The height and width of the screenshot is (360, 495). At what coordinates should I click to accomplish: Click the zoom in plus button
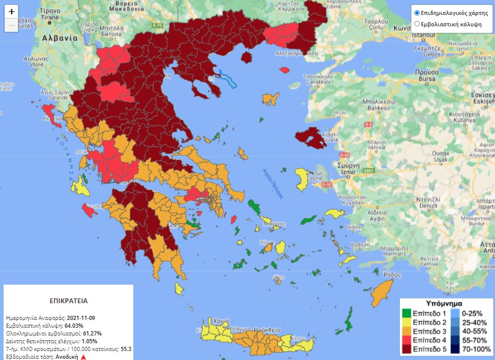click(x=12, y=11)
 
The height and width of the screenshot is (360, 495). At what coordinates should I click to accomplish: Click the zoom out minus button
click(x=12, y=25)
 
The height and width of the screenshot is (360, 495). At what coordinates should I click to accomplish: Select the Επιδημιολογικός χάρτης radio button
click(x=417, y=13)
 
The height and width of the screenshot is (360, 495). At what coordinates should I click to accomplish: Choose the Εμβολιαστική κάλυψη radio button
click(x=417, y=24)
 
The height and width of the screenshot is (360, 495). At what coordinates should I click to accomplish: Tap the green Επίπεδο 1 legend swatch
click(x=407, y=313)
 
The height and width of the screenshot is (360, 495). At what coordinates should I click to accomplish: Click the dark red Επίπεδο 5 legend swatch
click(x=407, y=349)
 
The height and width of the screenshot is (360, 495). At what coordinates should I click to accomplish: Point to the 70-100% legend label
click(x=476, y=349)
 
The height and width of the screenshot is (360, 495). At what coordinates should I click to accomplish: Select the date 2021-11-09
click(x=82, y=318)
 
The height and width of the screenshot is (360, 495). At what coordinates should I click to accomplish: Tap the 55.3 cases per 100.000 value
click(x=126, y=349)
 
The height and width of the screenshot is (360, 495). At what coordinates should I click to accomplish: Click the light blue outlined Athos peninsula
click(x=228, y=78)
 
